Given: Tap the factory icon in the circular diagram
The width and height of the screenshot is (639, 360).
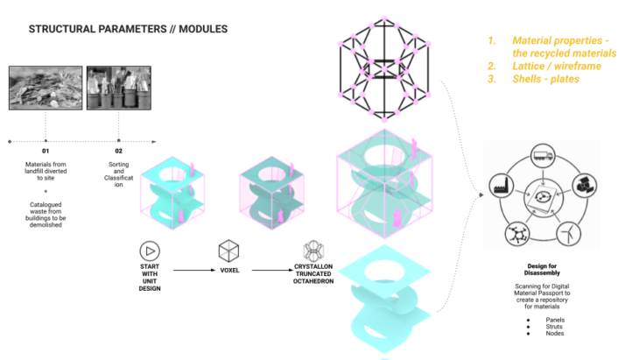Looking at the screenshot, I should (504, 187).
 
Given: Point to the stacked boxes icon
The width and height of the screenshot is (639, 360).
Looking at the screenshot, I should (585, 185).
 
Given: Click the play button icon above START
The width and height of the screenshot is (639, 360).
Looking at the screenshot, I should (149, 250).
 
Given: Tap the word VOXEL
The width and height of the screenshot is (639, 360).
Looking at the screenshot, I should (228, 272).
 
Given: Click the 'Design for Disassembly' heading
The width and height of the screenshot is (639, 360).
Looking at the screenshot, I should (544, 271).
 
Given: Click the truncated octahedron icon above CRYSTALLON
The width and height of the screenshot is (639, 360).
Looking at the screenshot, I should (313, 251).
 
